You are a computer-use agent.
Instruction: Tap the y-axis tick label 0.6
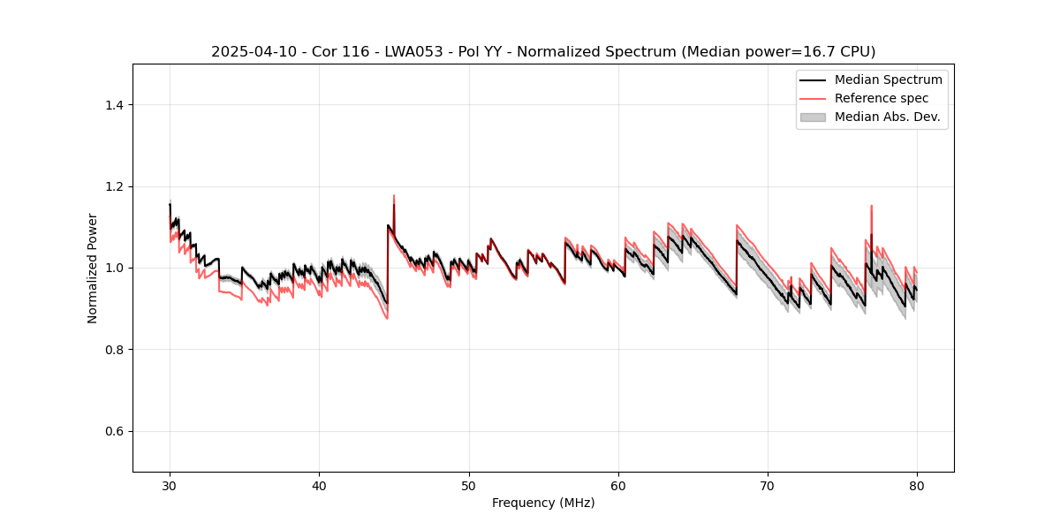coord(113,431)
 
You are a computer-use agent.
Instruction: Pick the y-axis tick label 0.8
coord(113,350)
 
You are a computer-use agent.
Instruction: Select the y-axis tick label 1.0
coord(113,268)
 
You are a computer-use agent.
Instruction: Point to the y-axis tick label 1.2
coord(113,186)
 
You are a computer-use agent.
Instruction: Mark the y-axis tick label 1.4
coord(113,105)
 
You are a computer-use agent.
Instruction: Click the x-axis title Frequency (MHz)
coord(543,503)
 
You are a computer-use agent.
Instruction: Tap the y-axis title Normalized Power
coord(93,268)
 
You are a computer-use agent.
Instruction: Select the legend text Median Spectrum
coord(888,80)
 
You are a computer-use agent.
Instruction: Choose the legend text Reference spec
coord(882,98)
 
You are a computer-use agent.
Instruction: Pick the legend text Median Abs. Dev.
coord(887,117)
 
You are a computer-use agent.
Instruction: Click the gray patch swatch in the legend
coord(813,117)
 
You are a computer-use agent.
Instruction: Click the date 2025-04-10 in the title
coord(248,52)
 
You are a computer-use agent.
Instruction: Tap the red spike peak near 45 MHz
coord(394,195)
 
